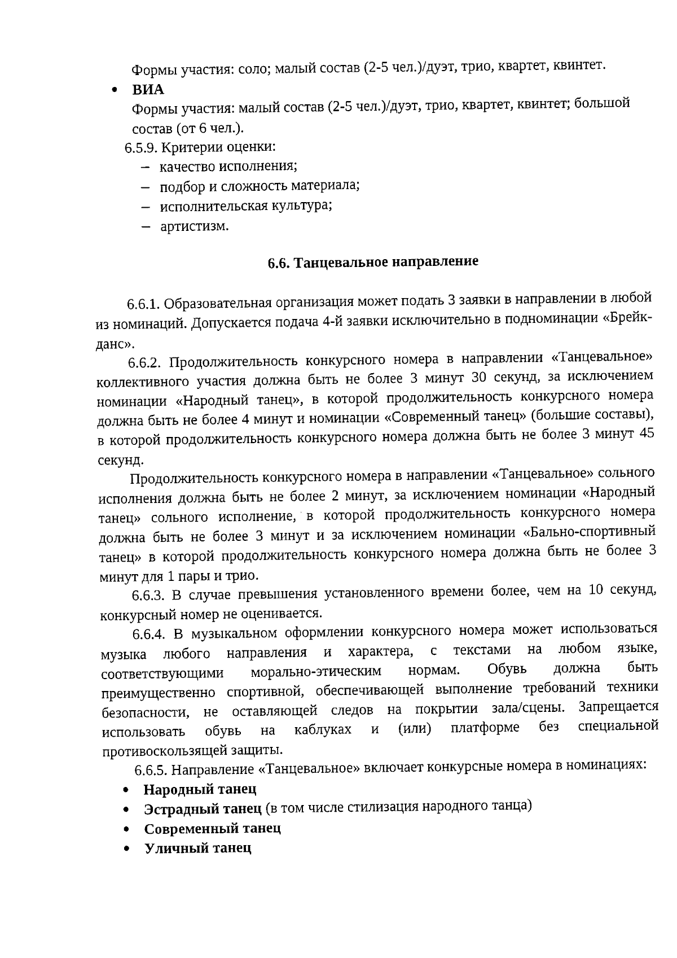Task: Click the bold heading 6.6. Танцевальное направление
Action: (x=372, y=263)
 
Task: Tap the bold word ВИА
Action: (x=148, y=90)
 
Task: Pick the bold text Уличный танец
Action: (x=198, y=848)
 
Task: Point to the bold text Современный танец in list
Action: (x=213, y=829)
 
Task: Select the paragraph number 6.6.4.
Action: (x=149, y=634)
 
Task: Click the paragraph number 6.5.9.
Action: (x=141, y=148)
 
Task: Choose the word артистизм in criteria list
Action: (x=194, y=227)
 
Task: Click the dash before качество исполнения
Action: (x=146, y=167)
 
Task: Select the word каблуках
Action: (x=323, y=730)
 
